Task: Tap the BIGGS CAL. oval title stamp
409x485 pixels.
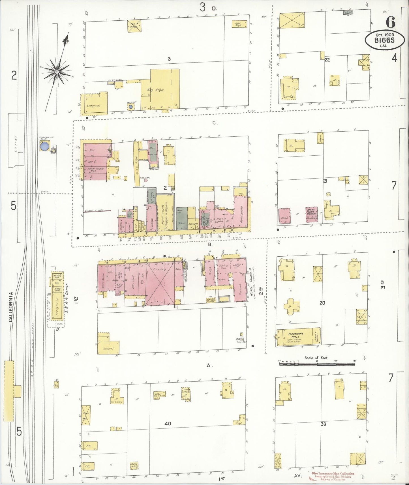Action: tap(385, 40)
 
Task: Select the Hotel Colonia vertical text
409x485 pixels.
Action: tap(251, 283)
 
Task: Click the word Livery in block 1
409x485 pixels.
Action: tap(159, 269)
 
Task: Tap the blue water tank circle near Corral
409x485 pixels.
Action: tap(44, 147)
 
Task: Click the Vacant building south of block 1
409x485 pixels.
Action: tap(108, 348)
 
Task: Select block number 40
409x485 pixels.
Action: tap(168, 424)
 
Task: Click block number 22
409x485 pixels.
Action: tap(327, 60)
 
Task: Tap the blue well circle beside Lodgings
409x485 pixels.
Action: tap(130, 107)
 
